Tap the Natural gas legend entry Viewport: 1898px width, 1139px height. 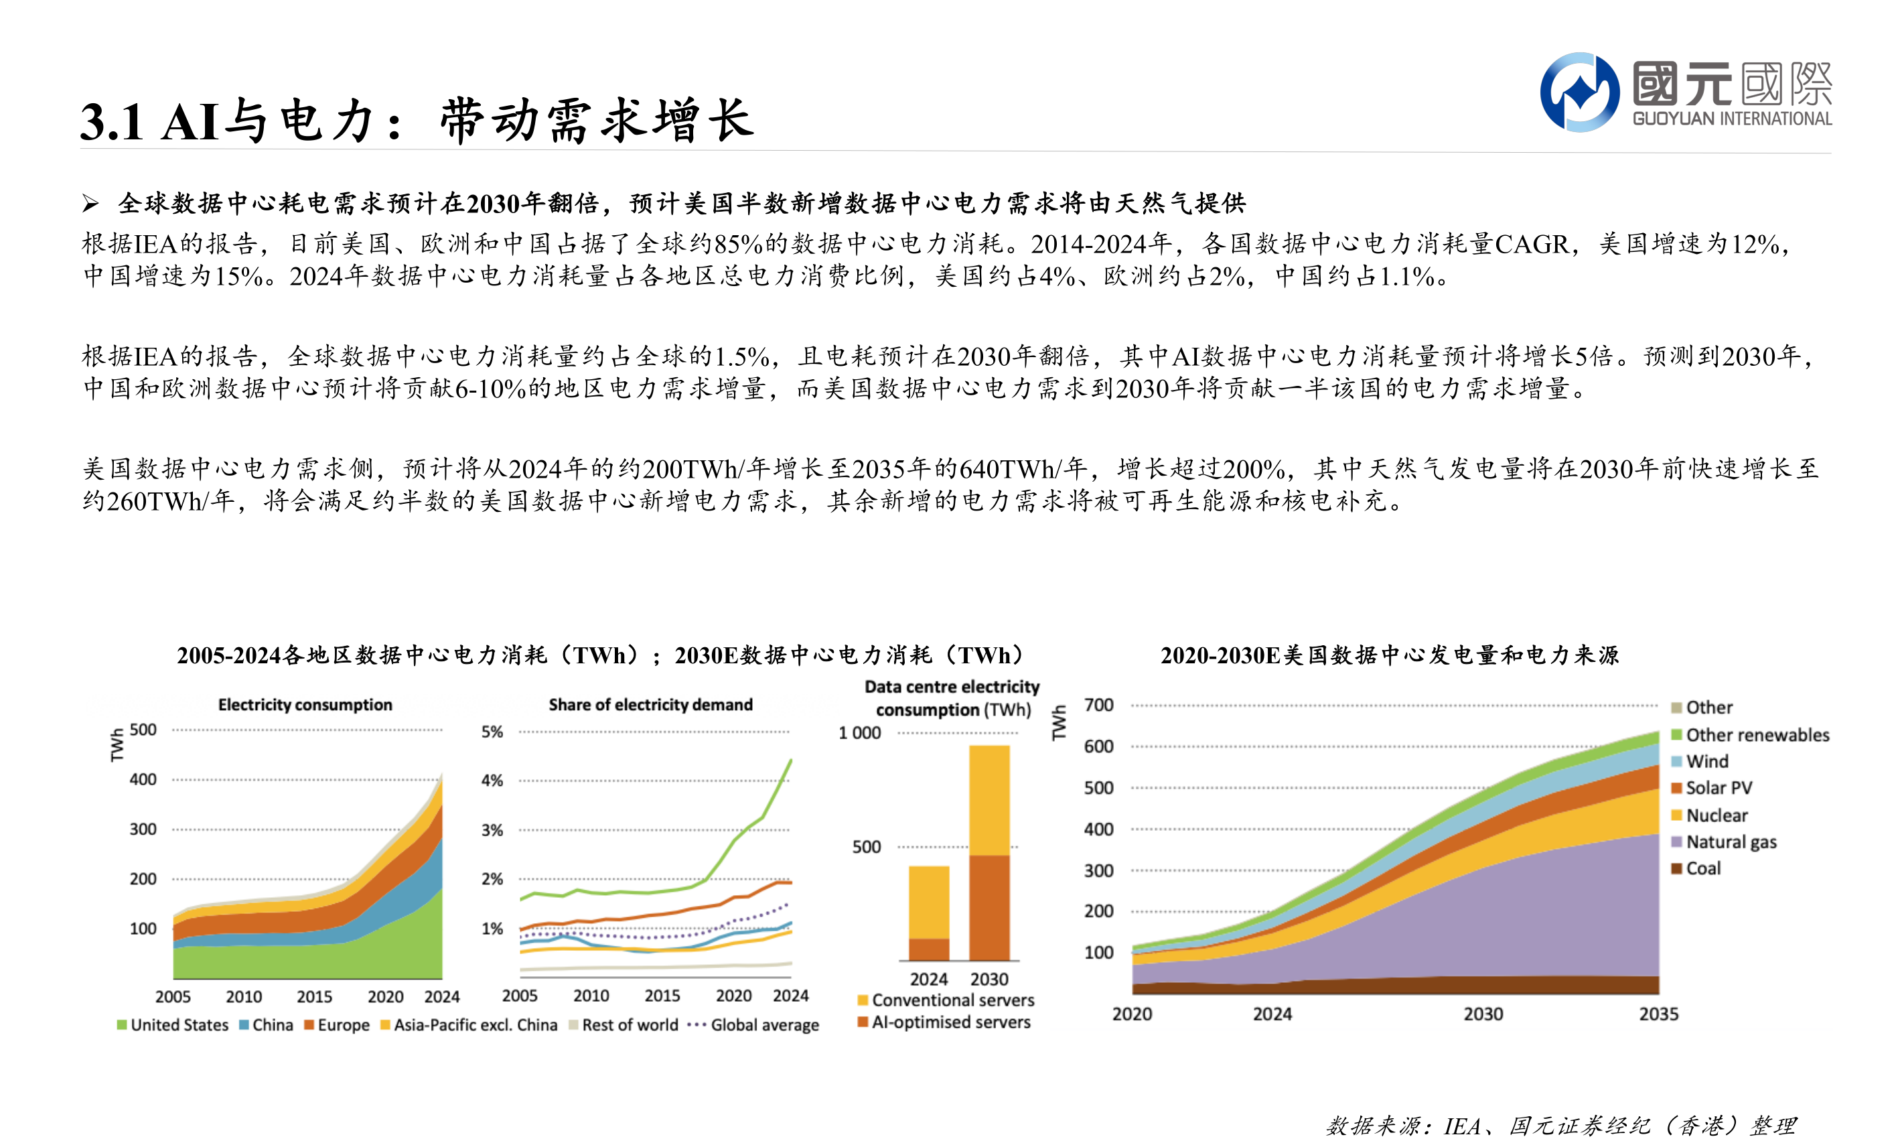1730,842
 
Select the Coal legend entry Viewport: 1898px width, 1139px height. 1702,868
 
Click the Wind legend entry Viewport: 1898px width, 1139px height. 1705,761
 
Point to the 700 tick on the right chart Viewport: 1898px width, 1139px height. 1098,705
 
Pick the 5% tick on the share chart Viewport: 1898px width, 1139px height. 492,732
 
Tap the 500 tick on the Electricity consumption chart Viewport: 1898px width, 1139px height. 143,729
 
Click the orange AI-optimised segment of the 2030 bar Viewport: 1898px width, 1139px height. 989,907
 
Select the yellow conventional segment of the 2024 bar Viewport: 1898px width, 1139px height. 928,902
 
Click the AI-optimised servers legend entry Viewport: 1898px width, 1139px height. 950,1022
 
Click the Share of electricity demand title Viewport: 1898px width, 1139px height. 650,705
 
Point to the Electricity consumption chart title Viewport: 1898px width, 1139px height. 305,705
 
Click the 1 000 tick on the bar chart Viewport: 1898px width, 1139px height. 859,733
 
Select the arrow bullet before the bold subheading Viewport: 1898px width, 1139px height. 90,204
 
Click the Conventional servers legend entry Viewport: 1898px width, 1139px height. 952,1000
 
